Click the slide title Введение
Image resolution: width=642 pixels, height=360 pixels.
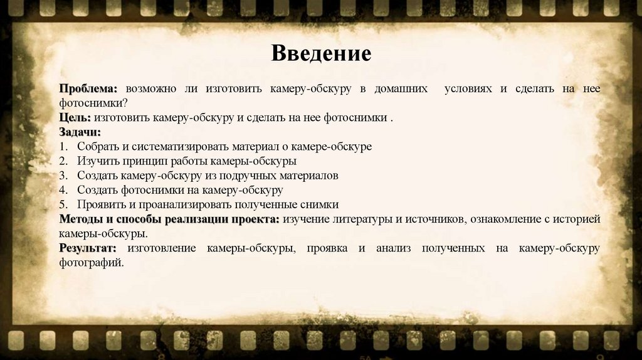click(321, 53)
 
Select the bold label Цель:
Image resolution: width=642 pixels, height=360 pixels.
click(75, 118)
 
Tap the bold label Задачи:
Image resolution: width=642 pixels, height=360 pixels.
click(80, 132)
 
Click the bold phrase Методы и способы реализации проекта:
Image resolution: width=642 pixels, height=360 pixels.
click(169, 220)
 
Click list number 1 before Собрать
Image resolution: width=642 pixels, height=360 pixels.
click(63, 147)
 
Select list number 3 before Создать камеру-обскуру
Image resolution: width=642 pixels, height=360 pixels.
click(63, 176)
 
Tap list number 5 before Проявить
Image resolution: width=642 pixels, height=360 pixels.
click(63, 204)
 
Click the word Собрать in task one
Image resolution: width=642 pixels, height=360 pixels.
click(98, 147)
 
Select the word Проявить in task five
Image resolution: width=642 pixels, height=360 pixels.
click(101, 204)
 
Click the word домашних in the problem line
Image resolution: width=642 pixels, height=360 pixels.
click(402, 89)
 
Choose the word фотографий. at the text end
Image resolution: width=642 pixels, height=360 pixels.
click(92, 263)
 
